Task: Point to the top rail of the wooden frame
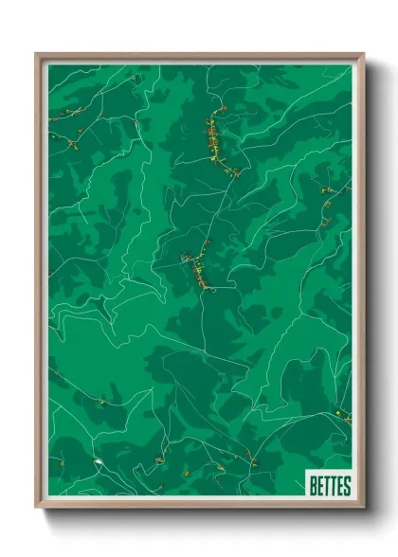click(x=199, y=56)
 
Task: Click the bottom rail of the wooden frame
click(x=199, y=505)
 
